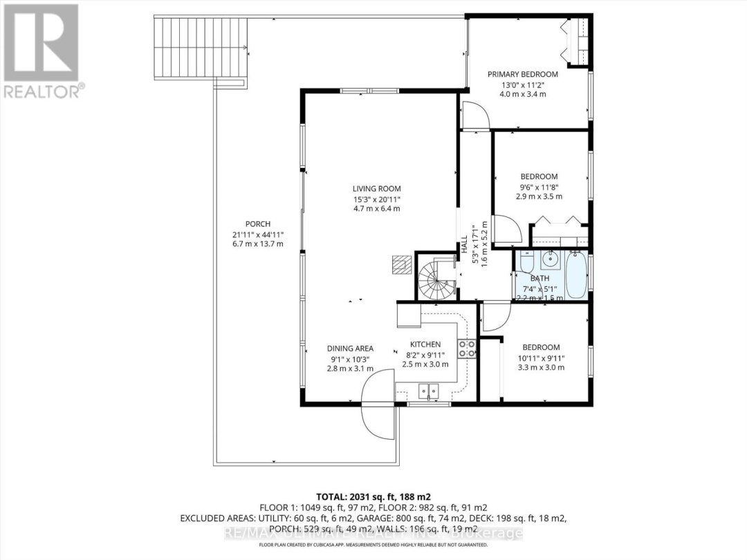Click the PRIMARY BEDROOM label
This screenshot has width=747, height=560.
click(x=523, y=75)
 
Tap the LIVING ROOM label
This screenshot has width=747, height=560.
click(x=376, y=189)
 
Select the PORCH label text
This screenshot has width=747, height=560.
click(x=257, y=224)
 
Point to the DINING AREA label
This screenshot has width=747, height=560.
click(x=350, y=348)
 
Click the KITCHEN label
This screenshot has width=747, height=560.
click(x=425, y=344)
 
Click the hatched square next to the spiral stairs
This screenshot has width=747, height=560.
click(x=400, y=264)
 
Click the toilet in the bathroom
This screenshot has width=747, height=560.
click(x=524, y=265)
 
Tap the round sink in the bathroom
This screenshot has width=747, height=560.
click(x=551, y=261)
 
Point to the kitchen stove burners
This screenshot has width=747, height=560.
click(x=466, y=348)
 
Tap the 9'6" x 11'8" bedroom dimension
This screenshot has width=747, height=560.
click(x=539, y=187)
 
